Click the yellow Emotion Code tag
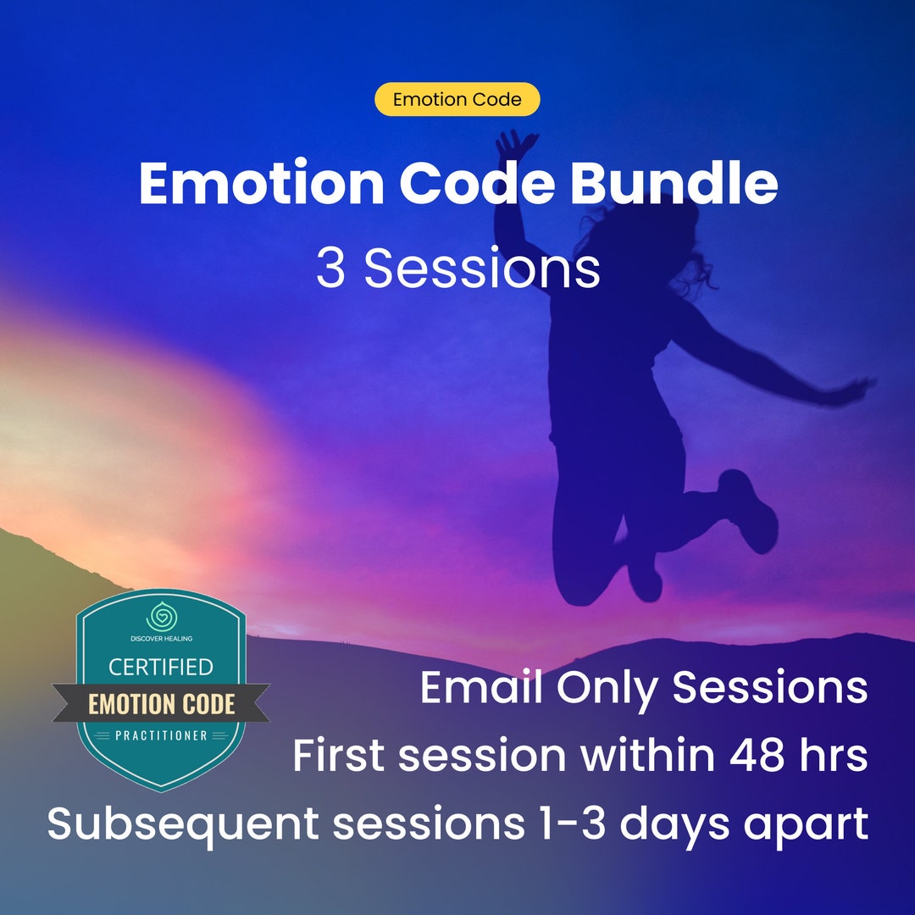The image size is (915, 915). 457,99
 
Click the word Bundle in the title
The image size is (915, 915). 674,184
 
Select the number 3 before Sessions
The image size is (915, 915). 330,269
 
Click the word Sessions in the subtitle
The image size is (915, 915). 482,269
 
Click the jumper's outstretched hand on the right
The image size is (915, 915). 856,390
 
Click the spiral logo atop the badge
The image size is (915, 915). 160,616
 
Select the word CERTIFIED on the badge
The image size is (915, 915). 160,667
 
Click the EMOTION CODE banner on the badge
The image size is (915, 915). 161,704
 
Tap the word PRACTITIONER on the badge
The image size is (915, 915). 161,735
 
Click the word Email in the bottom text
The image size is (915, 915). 481,687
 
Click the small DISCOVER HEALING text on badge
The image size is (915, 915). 160,638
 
